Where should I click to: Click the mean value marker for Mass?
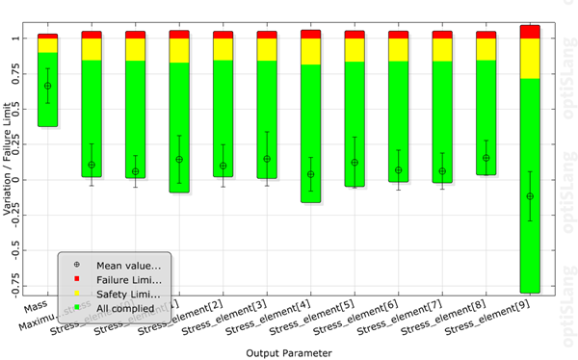[x=47, y=86]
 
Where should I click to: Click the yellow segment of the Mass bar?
[x=47, y=45]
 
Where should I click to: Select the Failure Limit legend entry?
[x=120, y=278]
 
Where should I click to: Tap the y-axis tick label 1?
[x=28, y=39]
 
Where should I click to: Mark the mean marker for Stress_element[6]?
[x=398, y=170]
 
